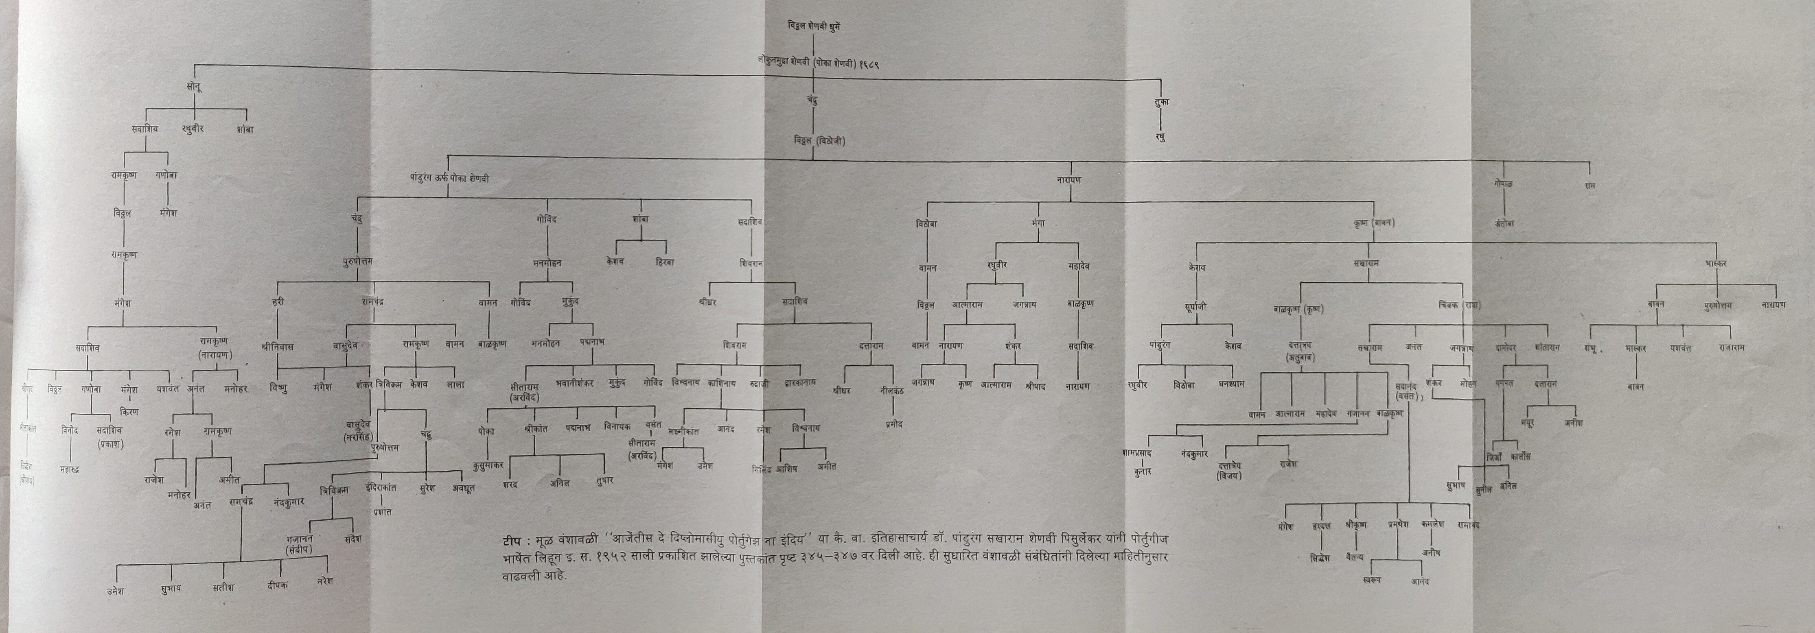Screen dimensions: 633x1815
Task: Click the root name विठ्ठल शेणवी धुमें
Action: click(x=813, y=26)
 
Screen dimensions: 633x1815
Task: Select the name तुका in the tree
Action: click(x=1161, y=101)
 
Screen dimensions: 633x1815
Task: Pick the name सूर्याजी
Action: click(x=1195, y=307)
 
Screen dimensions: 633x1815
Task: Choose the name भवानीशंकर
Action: click(x=575, y=383)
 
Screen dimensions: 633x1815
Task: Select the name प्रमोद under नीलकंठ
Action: click(x=894, y=425)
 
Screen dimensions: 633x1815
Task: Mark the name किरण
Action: click(x=129, y=412)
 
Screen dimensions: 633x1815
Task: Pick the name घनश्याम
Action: click(x=1232, y=384)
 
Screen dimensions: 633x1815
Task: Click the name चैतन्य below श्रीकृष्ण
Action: click(x=1354, y=557)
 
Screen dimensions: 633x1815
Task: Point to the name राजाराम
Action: click(x=1731, y=347)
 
